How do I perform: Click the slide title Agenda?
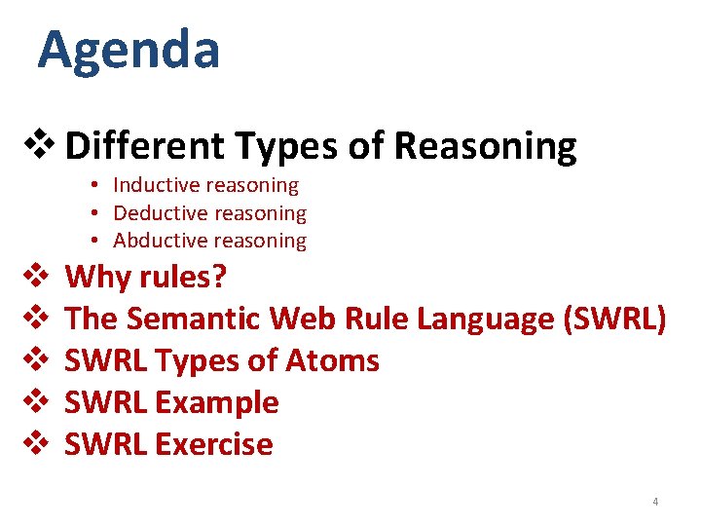(129, 51)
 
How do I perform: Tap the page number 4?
(655, 502)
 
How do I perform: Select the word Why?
(98, 278)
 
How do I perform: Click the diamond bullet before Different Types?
(46, 147)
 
